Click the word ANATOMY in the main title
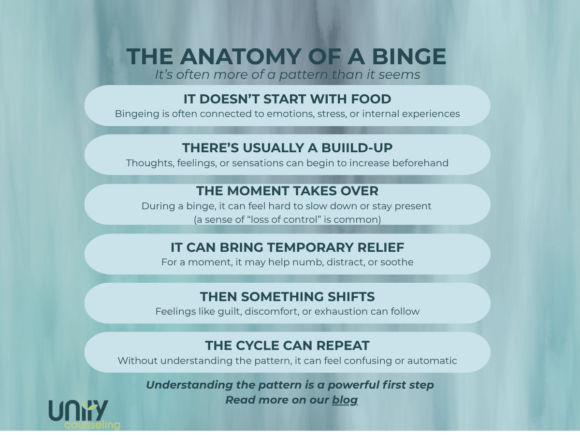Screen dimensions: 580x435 coord(240,57)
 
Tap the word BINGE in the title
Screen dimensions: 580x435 coord(409,57)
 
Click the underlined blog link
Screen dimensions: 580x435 coord(345,400)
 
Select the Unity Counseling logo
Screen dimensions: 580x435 coord(84,415)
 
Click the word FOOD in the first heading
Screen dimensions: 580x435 coord(371,99)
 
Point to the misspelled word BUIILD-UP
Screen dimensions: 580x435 coord(357,147)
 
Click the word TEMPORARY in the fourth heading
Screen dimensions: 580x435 coord(310,247)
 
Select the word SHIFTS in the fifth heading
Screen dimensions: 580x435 coord(351,297)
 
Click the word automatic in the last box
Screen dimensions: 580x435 coord(432,361)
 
